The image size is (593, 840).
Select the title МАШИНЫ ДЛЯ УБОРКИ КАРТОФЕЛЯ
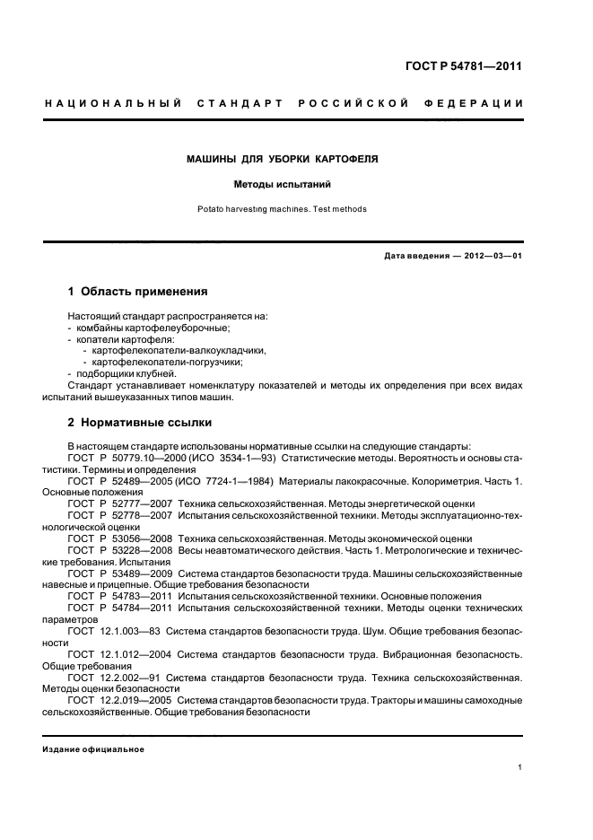point(282,159)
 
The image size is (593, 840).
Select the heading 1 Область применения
point(138,292)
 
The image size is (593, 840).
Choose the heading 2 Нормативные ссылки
point(140,423)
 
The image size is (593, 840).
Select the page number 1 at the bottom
point(520,768)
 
